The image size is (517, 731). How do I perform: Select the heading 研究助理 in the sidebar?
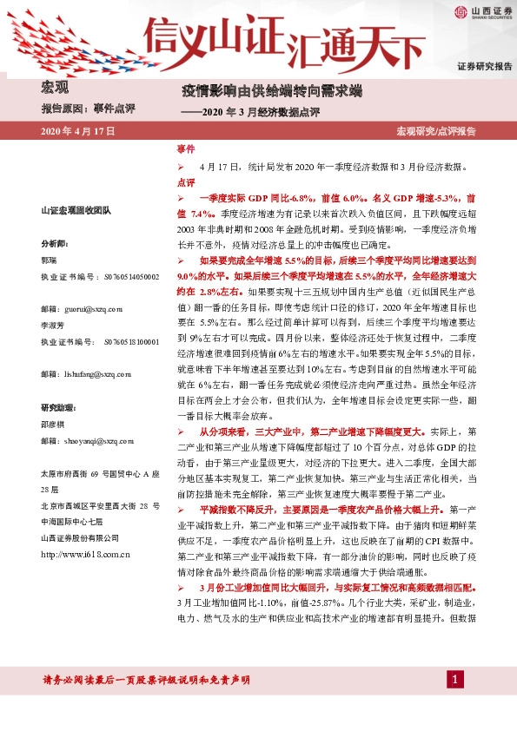tap(59, 407)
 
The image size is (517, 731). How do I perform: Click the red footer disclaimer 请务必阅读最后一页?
tap(146, 678)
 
